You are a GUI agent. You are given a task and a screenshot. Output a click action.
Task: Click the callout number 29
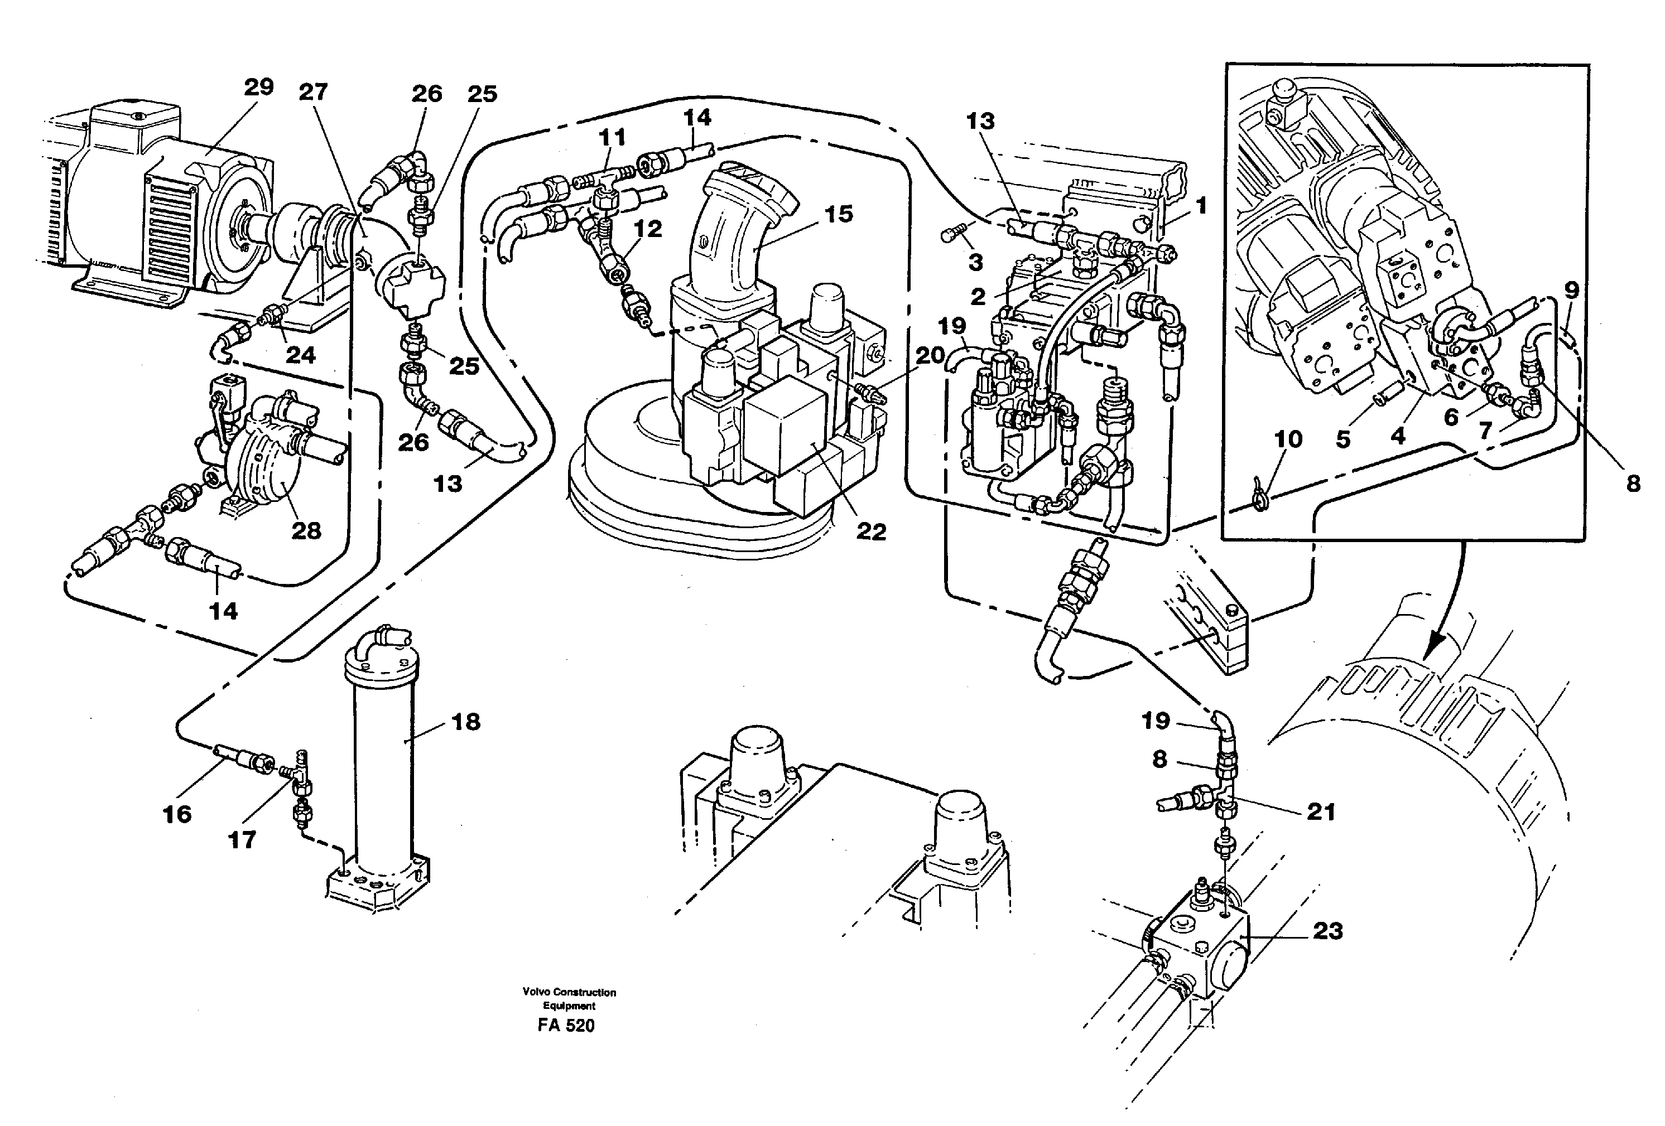click(259, 88)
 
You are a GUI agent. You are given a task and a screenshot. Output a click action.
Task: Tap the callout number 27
click(313, 91)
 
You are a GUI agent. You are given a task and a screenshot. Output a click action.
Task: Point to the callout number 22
click(870, 531)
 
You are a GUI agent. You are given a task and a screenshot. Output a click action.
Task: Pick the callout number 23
click(1327, 931)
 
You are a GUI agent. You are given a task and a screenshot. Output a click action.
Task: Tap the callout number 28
click(306, 531)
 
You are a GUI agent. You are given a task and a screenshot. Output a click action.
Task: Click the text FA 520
click(566, 1026)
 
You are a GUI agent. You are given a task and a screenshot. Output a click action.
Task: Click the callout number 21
click(1321, 811)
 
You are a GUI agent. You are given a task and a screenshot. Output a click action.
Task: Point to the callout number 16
click(177, 814)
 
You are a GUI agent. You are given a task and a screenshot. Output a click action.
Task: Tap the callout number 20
click(930, 355)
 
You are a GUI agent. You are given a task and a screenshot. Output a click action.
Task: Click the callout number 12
click(648, 229)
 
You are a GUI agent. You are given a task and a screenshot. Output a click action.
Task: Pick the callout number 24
click(300, 355)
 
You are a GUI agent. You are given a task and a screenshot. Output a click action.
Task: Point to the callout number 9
click(1571, 290)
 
